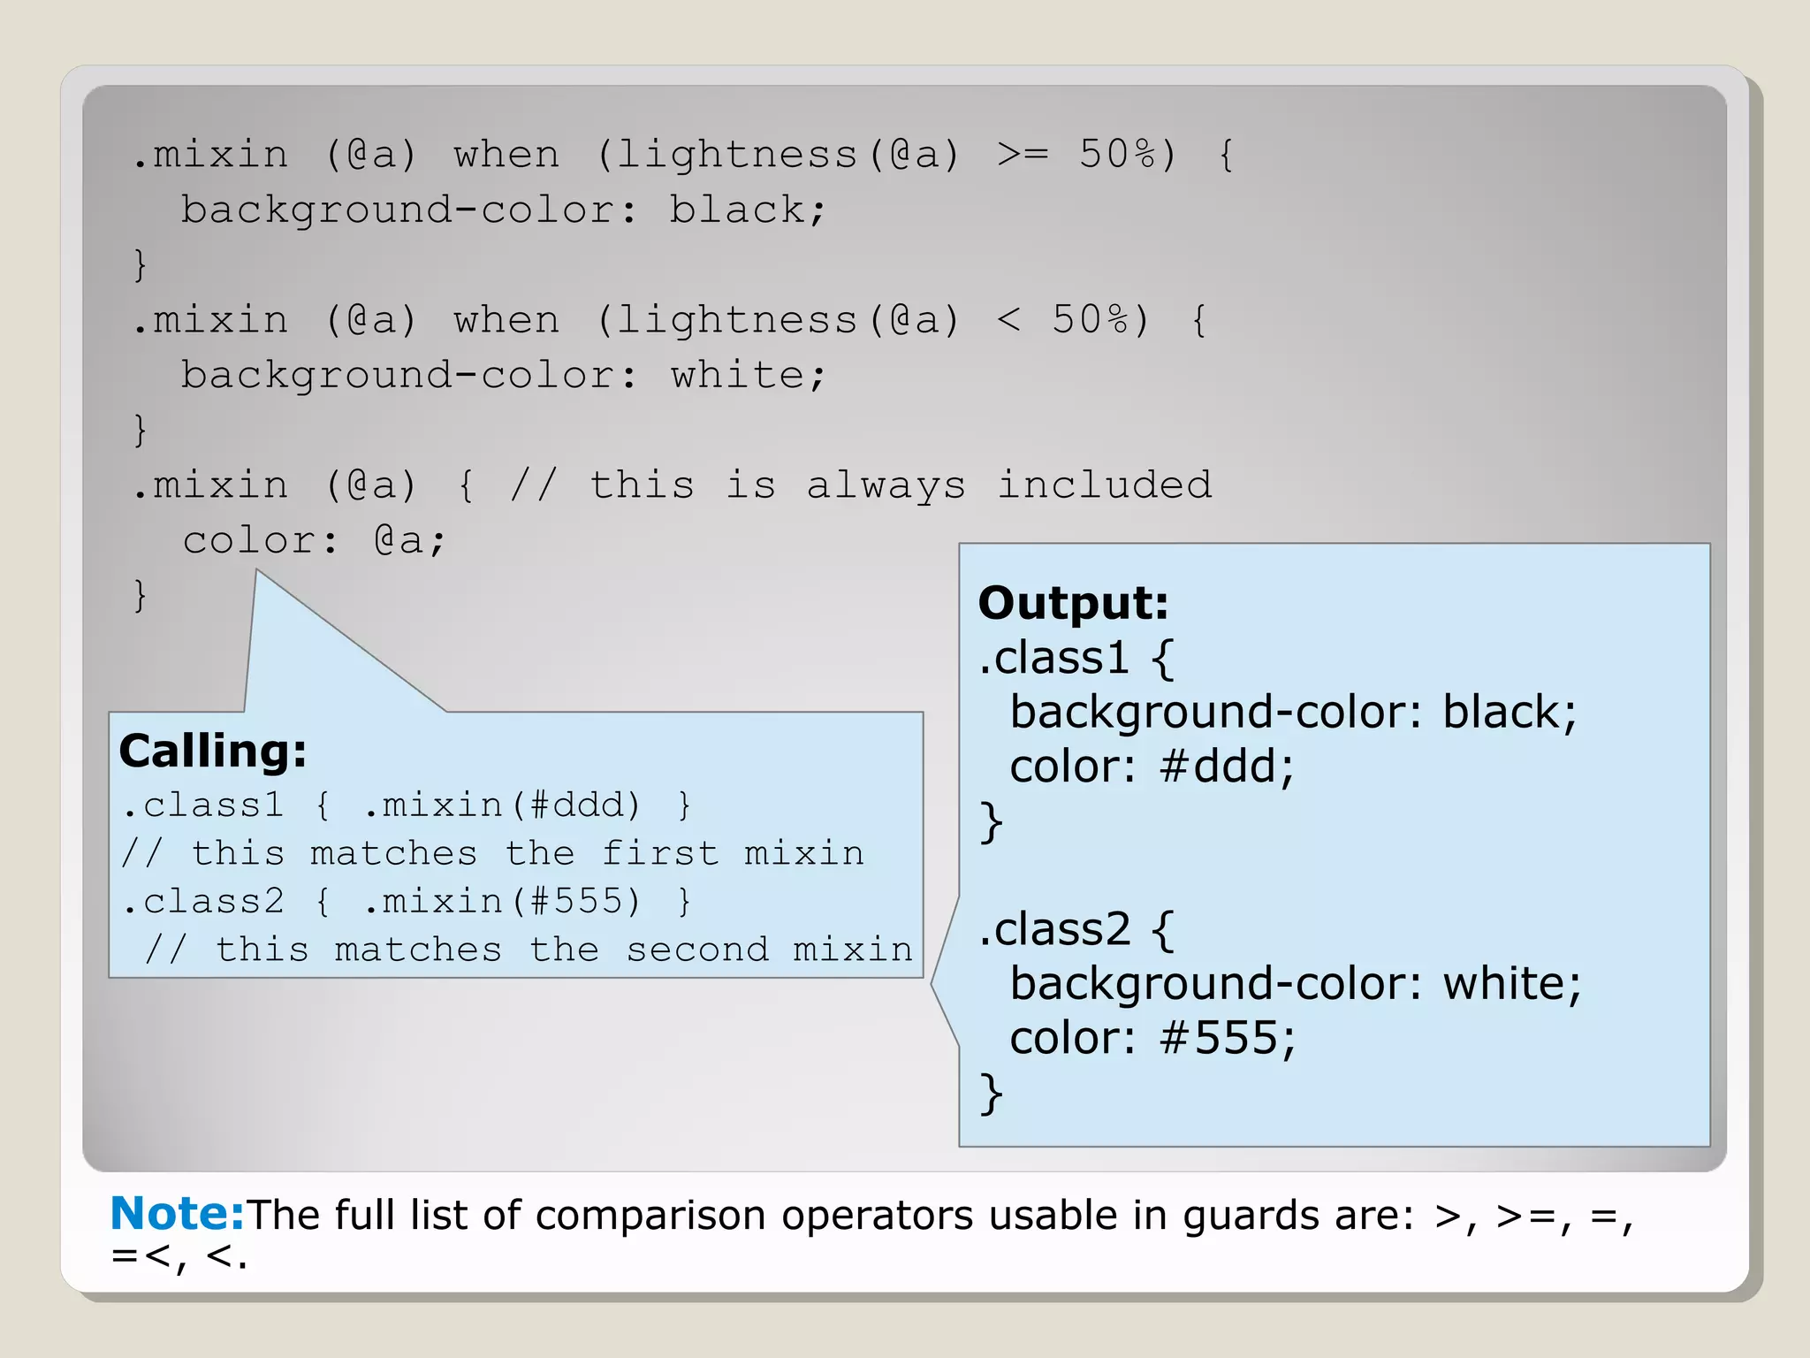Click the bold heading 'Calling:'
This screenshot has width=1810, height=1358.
pos(213,751)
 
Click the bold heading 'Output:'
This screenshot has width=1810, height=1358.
pos(1073,603)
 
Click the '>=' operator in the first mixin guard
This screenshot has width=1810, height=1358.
pos(1023,155)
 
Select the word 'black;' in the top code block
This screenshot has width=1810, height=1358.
pos(747,210)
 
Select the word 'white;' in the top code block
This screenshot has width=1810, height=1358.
pos(748,376)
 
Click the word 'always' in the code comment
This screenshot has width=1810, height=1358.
pos(886,486)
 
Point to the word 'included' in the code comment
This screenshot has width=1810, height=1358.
pos(1105,484)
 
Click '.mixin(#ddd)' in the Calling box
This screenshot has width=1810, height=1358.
pos(502,805)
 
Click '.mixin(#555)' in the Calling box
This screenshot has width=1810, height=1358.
pos(502,902)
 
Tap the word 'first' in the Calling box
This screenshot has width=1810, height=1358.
pos(659,854)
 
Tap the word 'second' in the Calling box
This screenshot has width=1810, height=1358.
pos(697,950)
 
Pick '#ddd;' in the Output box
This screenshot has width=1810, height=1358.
pos(1228,767)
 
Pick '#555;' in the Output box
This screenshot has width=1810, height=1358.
pos(1228,1038)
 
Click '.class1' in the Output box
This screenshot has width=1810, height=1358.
pos(1053,658)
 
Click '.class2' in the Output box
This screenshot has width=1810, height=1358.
pos(1054,929)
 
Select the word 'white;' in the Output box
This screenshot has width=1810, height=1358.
pos(1512,983)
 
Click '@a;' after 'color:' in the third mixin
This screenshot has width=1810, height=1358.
pos(410,541)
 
